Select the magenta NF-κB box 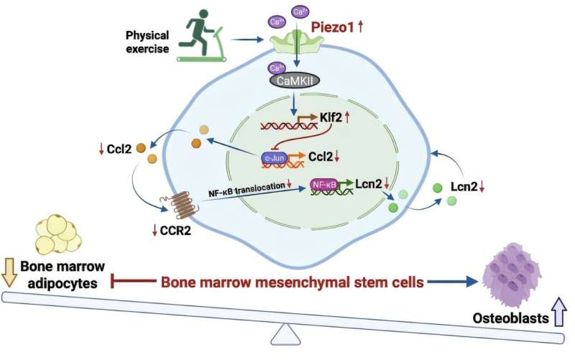click(323, 185)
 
